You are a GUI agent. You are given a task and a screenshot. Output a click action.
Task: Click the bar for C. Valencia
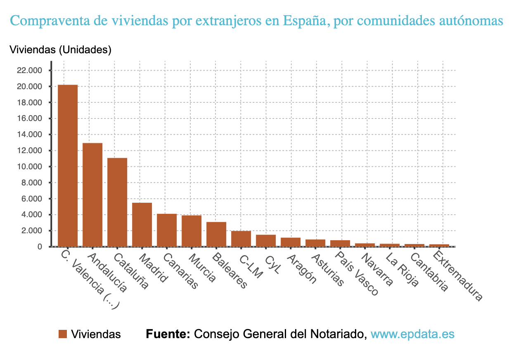68,165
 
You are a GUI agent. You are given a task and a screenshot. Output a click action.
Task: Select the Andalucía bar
92,194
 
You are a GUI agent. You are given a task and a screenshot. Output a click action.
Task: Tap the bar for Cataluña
117,202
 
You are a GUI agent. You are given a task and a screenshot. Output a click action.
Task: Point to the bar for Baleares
216,234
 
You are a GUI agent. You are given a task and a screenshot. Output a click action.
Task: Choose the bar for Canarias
167,230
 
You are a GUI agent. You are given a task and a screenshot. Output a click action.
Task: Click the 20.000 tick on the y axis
29,87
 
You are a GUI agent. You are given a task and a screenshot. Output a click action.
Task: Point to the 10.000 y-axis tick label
29,167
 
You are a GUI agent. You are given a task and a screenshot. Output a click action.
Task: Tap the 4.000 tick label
31,215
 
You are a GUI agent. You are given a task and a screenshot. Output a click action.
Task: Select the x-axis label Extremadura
456,277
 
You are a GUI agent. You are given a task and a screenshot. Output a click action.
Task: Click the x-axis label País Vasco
356,273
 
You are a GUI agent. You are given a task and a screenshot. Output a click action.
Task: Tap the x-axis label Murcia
201,268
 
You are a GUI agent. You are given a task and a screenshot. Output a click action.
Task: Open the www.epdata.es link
412,334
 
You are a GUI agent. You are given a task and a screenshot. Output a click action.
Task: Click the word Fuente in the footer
168,334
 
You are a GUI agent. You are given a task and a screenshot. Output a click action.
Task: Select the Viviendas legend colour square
63,334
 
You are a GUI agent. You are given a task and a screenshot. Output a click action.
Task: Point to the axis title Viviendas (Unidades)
60,50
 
